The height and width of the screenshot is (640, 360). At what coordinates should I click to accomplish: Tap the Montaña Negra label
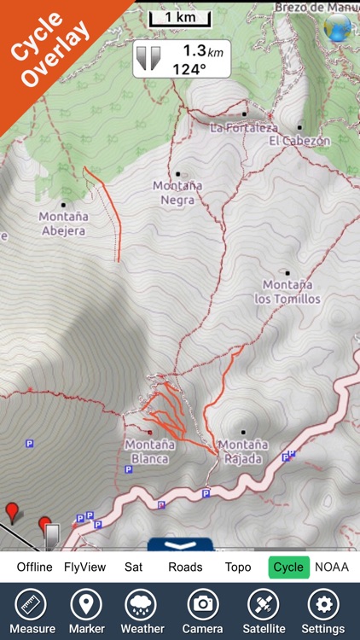point(177,193)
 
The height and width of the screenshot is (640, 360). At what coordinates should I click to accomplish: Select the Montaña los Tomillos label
point(287,292)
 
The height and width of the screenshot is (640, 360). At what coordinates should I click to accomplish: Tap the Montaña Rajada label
point(243,451)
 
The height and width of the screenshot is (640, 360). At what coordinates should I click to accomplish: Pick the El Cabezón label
point(299,140)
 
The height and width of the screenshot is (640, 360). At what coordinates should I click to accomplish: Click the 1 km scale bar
point(179,17)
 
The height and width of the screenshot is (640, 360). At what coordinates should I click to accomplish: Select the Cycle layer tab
point(288,567)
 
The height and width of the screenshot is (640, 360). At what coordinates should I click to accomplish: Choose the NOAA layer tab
point(332,567)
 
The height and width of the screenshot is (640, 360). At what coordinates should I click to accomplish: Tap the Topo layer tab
point(238,567)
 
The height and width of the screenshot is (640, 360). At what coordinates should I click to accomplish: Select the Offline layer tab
point(34,567)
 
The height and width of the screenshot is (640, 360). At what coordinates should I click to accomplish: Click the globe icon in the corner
point(339,28)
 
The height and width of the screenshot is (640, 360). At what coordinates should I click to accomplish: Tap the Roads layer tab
point(185,567)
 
